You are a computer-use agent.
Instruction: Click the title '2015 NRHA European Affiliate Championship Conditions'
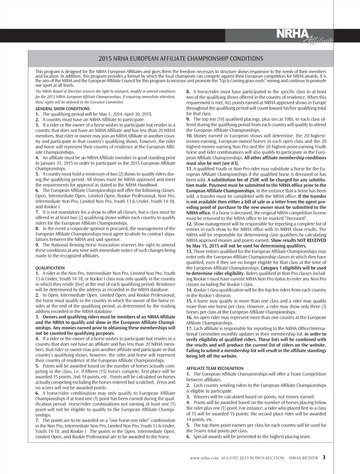point(181,58)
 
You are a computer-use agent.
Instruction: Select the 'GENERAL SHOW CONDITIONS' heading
point(63,109)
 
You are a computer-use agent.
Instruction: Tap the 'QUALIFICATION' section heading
point(50,268)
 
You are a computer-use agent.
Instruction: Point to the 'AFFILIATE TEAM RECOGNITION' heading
point(215,368)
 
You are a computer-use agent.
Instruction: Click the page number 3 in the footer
point(324,457)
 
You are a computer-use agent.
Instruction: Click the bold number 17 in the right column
point(189,329)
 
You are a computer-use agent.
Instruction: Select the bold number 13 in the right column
point(189,251)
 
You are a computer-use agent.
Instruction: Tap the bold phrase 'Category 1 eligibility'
point(284,268)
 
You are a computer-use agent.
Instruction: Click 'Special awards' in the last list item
point(207,436)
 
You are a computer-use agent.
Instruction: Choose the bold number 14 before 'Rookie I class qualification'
point(189,290)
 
